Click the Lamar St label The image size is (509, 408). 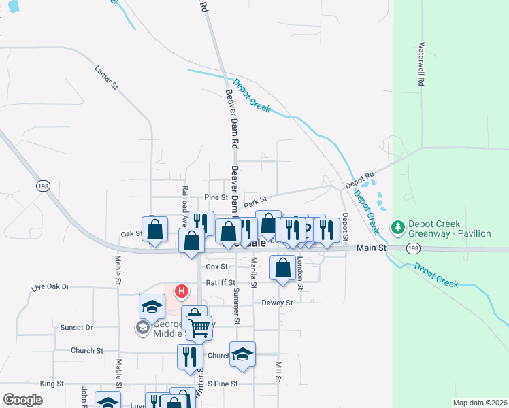click(x=106, y=78)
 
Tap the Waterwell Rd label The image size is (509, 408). click(x=422, y=65)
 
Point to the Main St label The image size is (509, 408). click(x=372, y=248)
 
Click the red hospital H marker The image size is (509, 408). click(x=182, y=292)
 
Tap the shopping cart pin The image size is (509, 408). click(x=199, y=328)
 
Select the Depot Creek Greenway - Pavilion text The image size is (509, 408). click(x=449, y=229)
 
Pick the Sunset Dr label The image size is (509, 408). click(x=76, y=327)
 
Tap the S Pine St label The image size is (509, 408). click(x=223, y=384)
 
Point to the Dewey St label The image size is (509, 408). click(x=277, y=303)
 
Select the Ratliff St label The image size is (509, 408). click(x=220, y=282)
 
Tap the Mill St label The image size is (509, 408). click(x=278, y=372)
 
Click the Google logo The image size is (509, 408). click(x=22, y=399)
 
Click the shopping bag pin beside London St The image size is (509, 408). click(x=282, y=268)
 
